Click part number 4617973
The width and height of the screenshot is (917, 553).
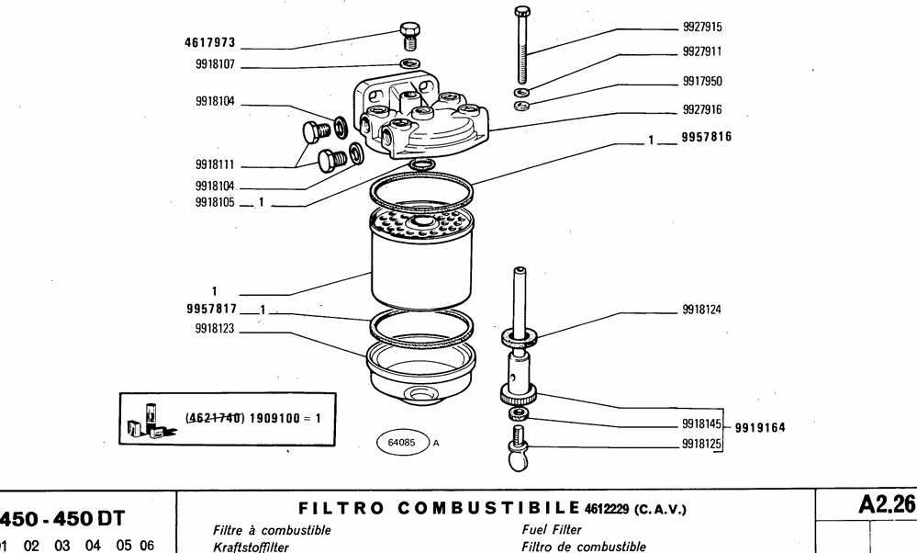[211, 42]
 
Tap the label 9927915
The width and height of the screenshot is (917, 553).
[702, 28]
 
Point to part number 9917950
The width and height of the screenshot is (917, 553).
[702, 81]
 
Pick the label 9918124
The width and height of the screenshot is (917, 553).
[701, 310]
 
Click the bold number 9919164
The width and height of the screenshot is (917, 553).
[758, 427]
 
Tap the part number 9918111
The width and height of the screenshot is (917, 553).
[216, 165]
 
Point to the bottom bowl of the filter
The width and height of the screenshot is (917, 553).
[421, 372]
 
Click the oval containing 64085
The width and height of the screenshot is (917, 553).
[402, 442]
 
